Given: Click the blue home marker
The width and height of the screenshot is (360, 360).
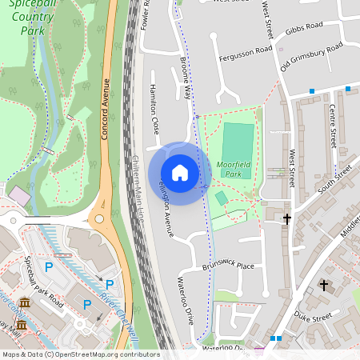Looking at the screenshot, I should coord(180,173).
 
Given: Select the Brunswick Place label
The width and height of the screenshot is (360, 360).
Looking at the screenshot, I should coord(228,266).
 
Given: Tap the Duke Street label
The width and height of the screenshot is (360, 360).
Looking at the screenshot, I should coord(313,317).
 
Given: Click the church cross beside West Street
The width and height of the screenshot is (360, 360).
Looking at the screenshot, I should coord(287,218).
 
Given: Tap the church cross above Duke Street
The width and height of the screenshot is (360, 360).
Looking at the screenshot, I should coord(324,284).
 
